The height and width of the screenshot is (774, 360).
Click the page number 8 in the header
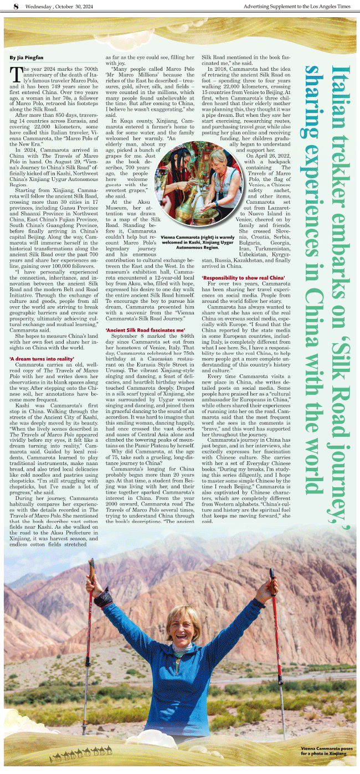click(16, 6)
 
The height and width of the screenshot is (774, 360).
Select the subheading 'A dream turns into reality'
click(42, 359)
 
